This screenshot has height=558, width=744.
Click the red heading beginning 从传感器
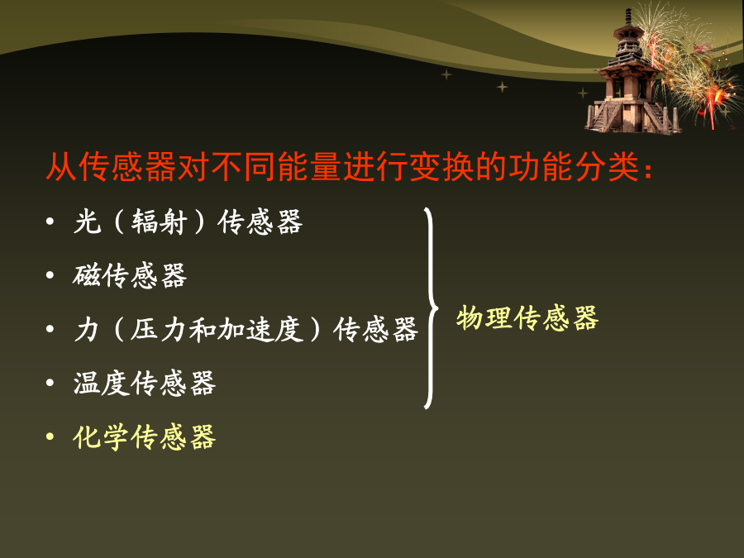[x=349, y=166]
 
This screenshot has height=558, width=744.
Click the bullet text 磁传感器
[x=130, y=275]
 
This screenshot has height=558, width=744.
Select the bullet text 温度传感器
[x=144, y=383]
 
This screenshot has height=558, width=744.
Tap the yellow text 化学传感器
[x=144, y=437]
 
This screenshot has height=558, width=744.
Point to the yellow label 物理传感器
[x=527, y=317]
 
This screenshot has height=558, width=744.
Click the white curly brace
[x=431, y=308]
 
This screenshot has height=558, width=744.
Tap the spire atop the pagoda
[x=628, y=18]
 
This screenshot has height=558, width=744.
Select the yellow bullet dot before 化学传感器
[x=50, y=436]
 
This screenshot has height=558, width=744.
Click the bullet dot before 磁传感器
[x=50, y=275]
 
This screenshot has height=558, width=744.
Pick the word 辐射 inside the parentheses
[x=160, y=222]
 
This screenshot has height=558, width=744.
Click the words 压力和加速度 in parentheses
[x=217, y=329]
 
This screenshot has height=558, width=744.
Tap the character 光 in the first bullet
[x=88, y=222]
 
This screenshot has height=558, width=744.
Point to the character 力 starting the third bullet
[x=86, y=329]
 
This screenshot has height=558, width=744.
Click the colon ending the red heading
[x=648, y=169]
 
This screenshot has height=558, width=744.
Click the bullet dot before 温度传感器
[x=50, y=383]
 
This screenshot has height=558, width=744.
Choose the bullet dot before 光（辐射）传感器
[x=50, y=221]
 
